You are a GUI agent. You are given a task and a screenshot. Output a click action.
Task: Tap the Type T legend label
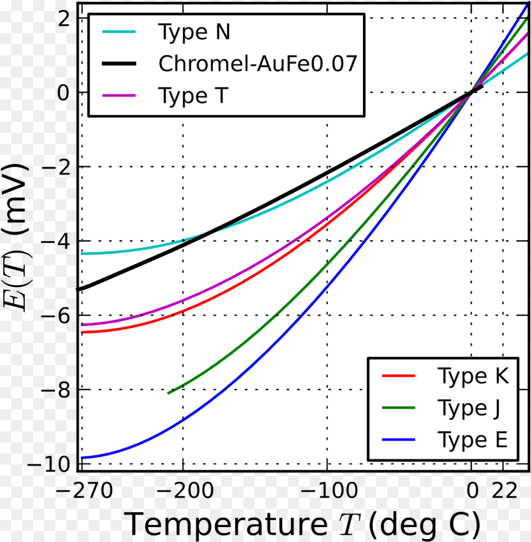(192, 96)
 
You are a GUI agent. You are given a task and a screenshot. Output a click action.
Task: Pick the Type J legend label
(470, 408)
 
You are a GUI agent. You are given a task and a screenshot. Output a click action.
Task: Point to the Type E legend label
(472, 440)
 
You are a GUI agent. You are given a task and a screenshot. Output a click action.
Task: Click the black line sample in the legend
(119, 64)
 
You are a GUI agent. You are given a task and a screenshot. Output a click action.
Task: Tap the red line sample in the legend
(398, 376)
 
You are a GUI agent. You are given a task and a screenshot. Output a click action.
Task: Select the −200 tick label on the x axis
(183, 491)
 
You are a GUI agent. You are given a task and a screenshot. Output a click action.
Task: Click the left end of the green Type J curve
(169, 393)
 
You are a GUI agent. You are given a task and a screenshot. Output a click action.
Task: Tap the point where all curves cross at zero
(471, 92)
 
